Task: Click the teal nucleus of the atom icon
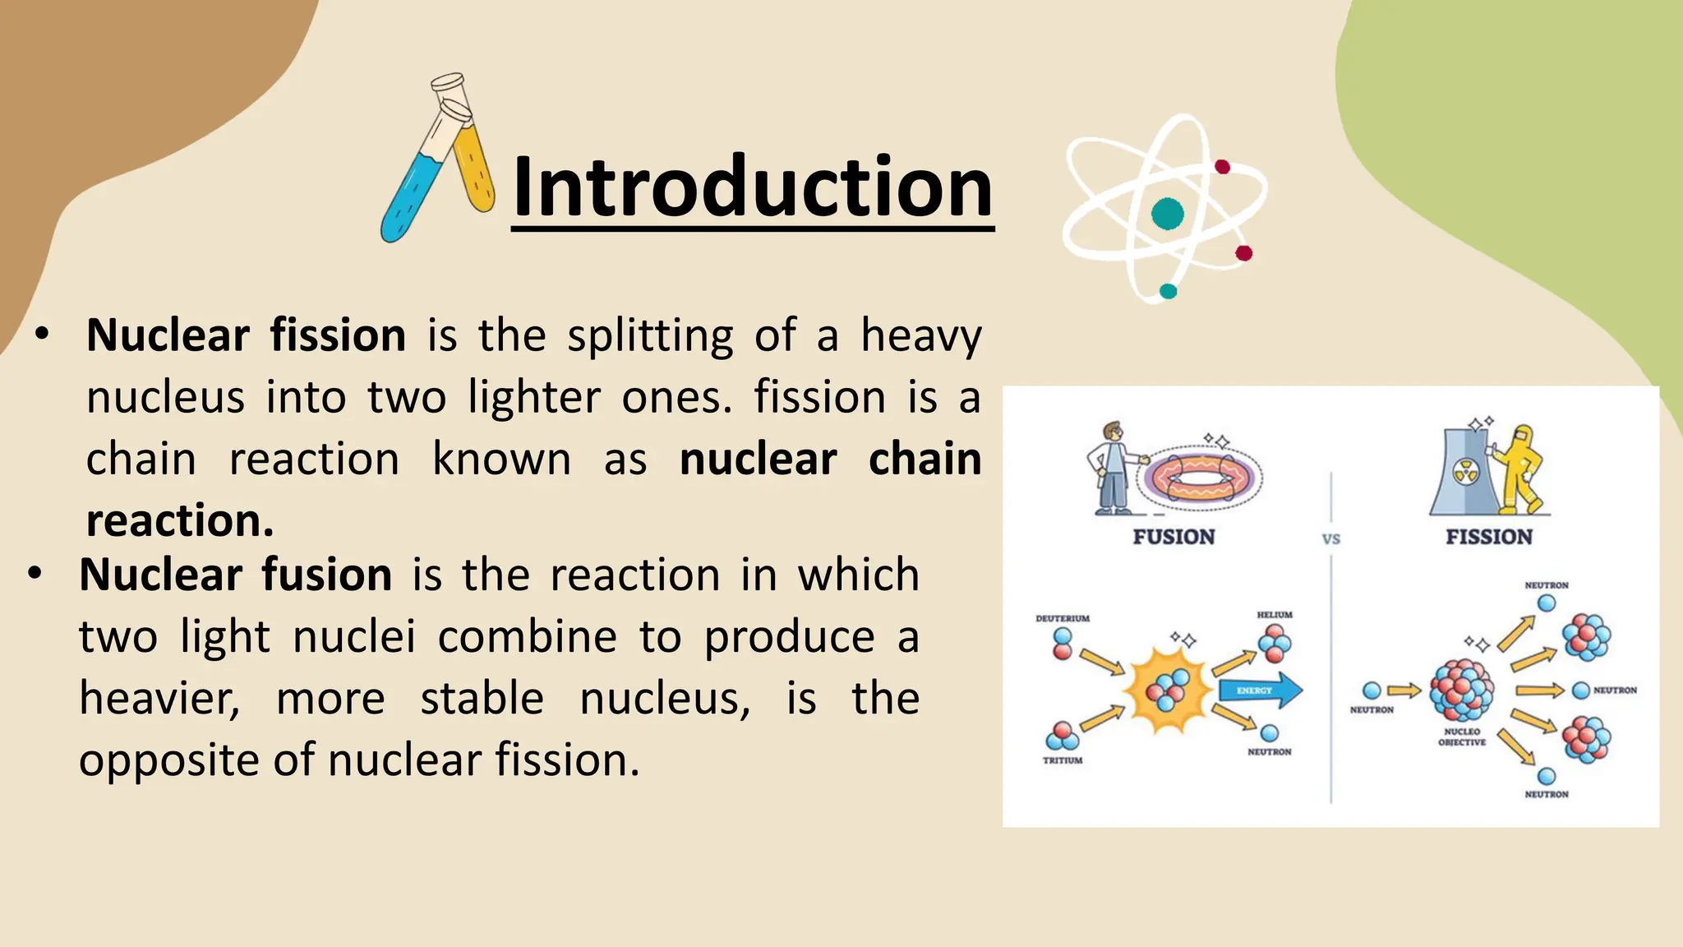[x=1167, y=214]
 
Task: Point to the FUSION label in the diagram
[x=1173, y=538]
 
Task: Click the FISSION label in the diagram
[x=1489, y=538]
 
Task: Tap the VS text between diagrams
[x=1331, y=539]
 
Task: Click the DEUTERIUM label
[x=1063, y=618]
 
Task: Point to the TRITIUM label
[x=1063, y=760]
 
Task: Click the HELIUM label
[x=1275, y=615]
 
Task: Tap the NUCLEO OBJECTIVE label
[x=1462, y=737]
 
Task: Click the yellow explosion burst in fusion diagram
[x=1168, y=691]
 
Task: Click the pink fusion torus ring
[x=1200, y=477]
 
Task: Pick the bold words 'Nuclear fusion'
[x=236, y=575]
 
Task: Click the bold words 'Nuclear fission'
[x=246, y=335]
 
